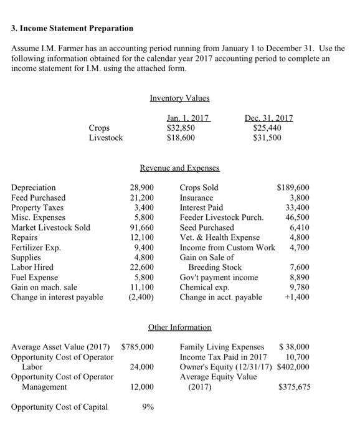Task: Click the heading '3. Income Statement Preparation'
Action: coord(72,29)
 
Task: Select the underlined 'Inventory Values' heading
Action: coord(179,98)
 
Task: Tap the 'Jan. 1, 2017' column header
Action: coord(189,118)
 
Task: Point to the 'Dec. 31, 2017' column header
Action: coord(271,118)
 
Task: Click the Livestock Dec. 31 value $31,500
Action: coord(267,138)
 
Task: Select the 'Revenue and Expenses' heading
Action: coord(179,168)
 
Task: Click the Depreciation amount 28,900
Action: coord(143,187)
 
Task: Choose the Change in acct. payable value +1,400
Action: coord(296,297)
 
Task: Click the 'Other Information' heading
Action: coord(179,327)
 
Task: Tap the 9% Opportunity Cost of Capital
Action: coord(148,407)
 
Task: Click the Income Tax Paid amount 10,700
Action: coord(297,356)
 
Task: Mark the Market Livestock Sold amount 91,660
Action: coord(143,227)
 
